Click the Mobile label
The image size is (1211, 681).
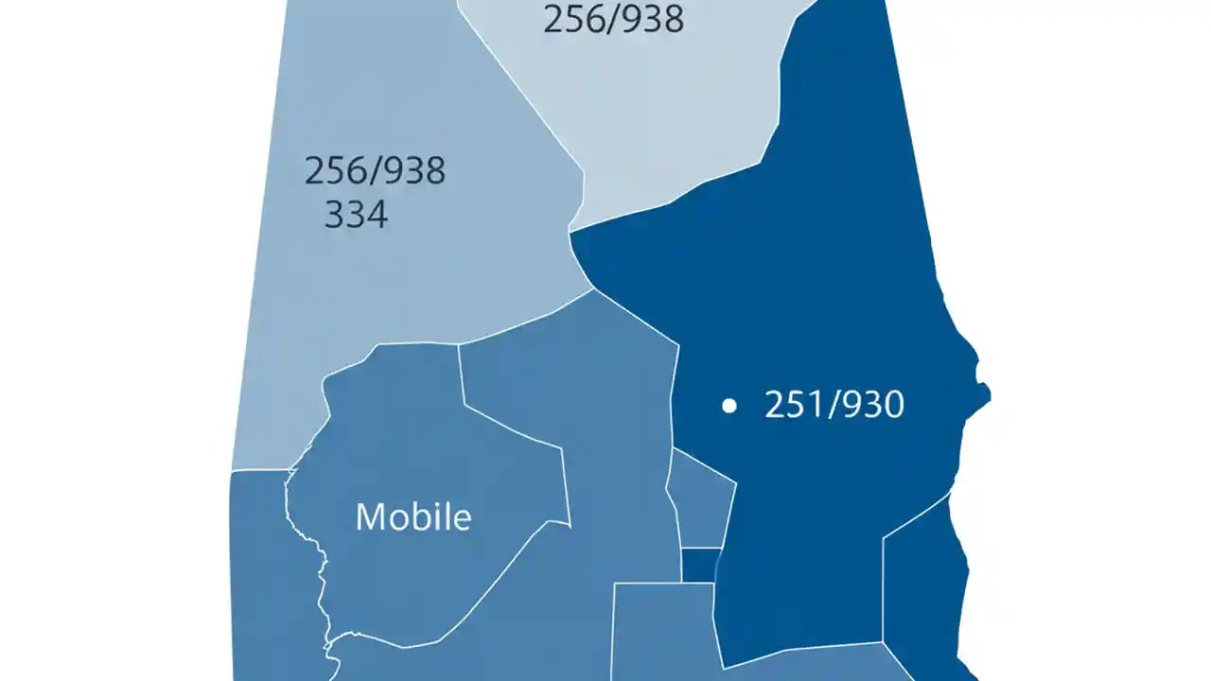[413, 516]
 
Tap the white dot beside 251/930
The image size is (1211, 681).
[728, 406]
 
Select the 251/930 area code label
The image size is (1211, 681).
[834, 405]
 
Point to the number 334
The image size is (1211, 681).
[356, 215]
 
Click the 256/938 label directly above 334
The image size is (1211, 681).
[375, 171]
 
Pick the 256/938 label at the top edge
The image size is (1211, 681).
[613, 18]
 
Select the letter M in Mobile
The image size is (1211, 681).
[371, 516]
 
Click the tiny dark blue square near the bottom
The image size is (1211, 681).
[700, 565]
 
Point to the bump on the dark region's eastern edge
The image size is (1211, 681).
[982, 391]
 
